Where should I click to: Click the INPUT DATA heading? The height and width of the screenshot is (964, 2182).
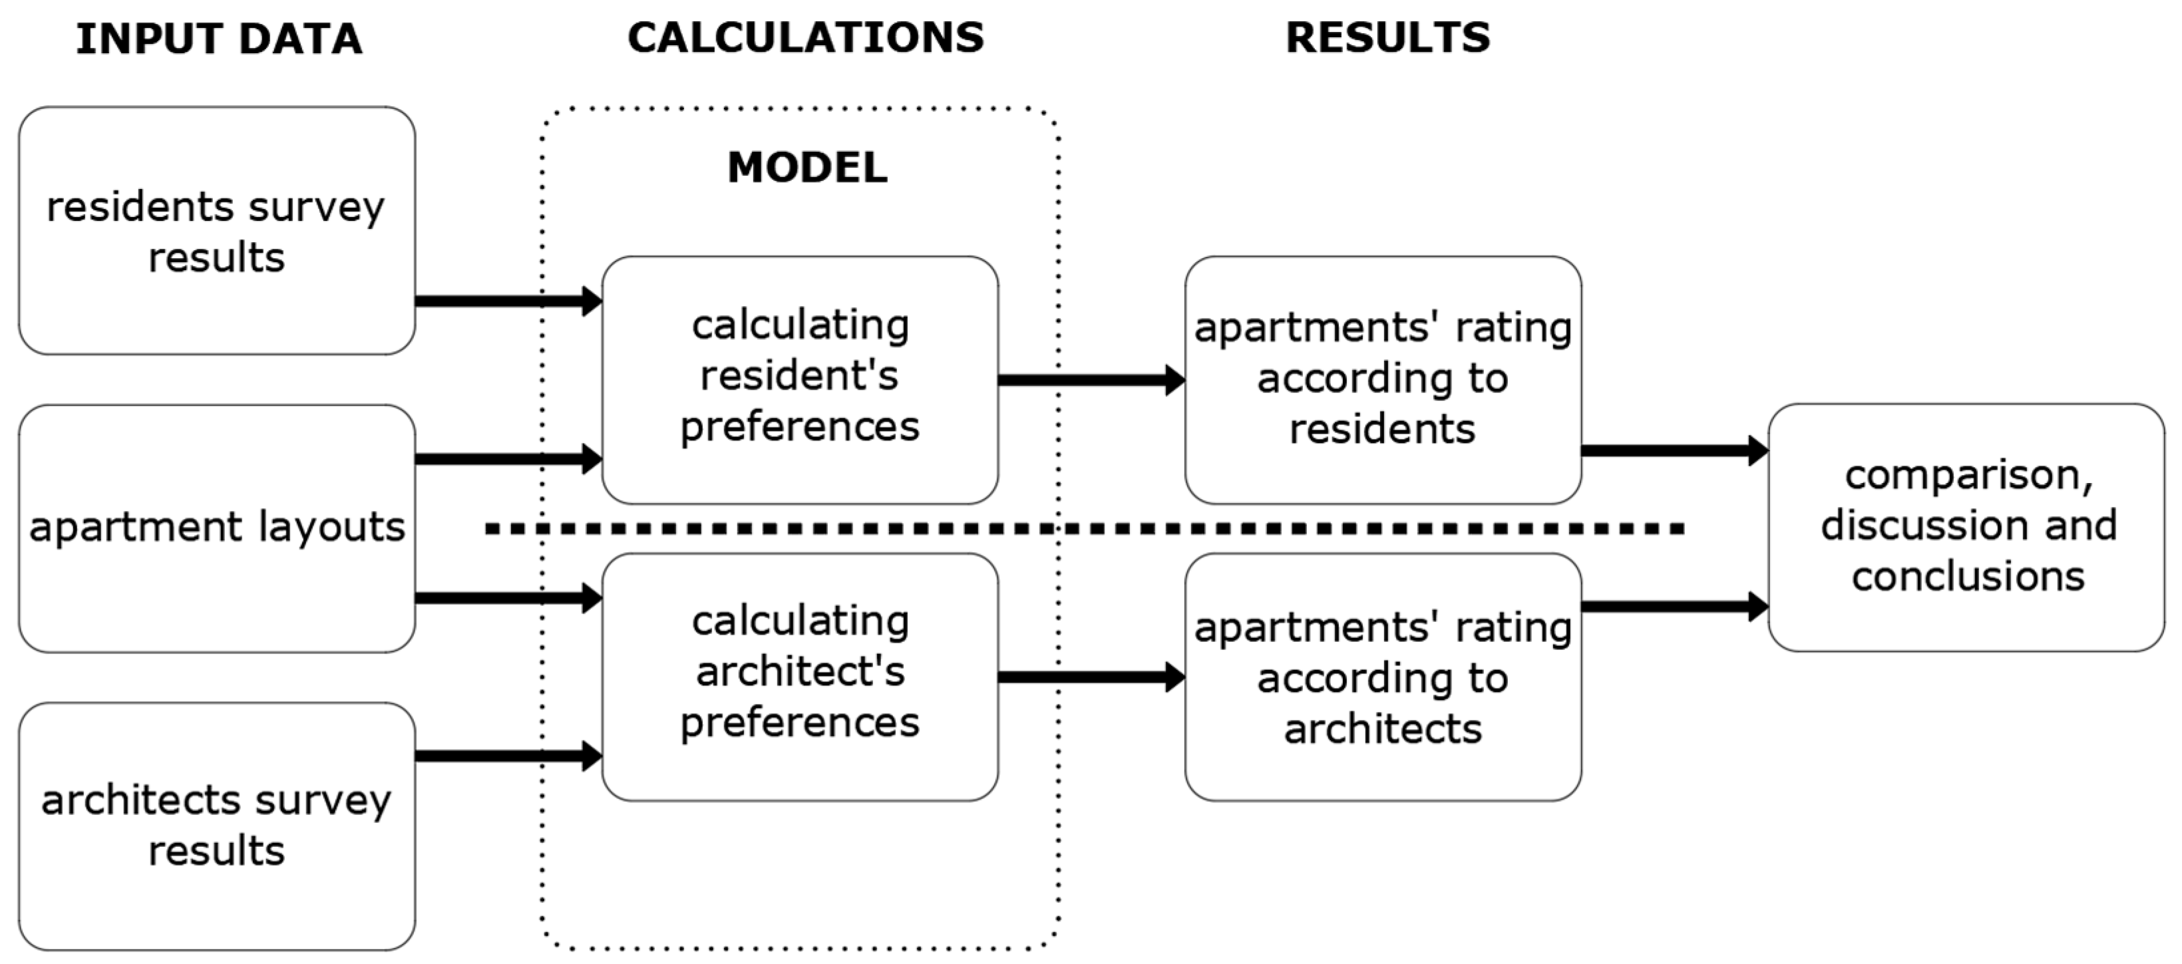pyautogui.click(x=218, y=39)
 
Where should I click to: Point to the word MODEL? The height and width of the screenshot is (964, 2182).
pyautogui.click(x=807, y=167)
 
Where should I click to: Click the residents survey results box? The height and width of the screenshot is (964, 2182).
pyautogui.click(x=217, y=230)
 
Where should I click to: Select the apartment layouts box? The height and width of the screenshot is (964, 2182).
pyautogui.click(x=217, y=528)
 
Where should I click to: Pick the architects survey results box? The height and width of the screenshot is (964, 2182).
pyautogui.click(x=217, y=825)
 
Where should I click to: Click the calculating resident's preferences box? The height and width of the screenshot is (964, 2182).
pyautogui.click(x=800, y=379)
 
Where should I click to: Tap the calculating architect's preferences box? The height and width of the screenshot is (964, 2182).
pyautogui.click(x=800, y=676)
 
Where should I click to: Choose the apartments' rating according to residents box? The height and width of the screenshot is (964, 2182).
pyautogui.click(x=1382, y=379)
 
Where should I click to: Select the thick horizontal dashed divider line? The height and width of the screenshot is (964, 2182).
pyautogui.click(x=1084, y=530)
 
